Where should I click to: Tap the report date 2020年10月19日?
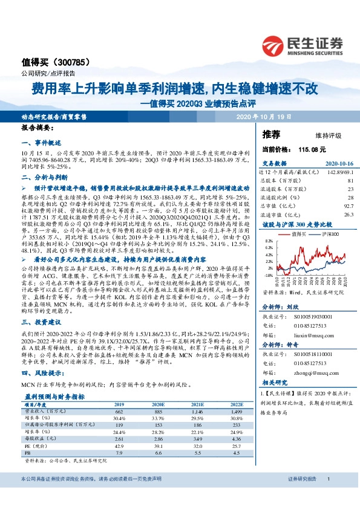click(x=263, y=116)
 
